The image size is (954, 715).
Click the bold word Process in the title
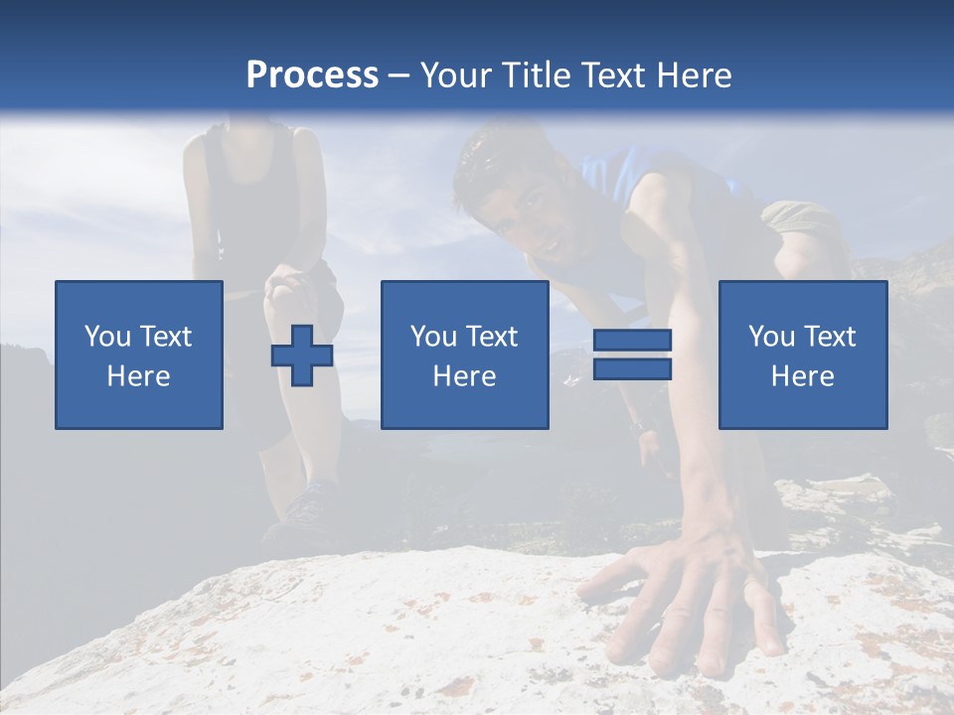312,75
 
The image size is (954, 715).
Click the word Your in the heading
452,75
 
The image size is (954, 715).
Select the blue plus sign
302,356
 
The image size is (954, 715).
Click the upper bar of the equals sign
632,341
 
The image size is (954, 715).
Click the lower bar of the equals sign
632,369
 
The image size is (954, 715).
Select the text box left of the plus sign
139,355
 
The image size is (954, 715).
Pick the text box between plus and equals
464,355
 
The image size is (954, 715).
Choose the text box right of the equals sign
803,355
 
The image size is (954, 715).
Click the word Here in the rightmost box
803,376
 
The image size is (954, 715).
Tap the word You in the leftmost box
107,337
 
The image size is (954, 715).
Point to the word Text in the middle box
493,337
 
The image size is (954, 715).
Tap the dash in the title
399,75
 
